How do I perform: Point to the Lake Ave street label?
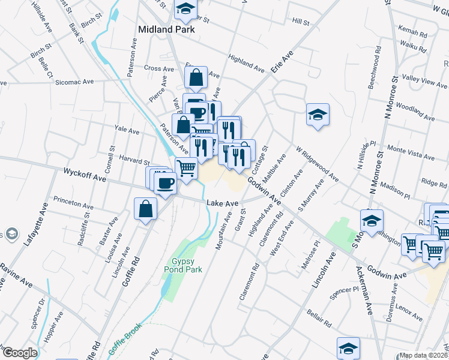point(223,204)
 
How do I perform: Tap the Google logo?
point(19,353)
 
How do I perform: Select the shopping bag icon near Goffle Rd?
point(146,209)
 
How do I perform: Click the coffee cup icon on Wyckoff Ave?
point(165,182)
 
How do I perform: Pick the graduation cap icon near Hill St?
point(185,8)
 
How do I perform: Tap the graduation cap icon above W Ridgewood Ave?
point(318,115)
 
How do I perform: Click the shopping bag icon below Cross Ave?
point(196,77)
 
